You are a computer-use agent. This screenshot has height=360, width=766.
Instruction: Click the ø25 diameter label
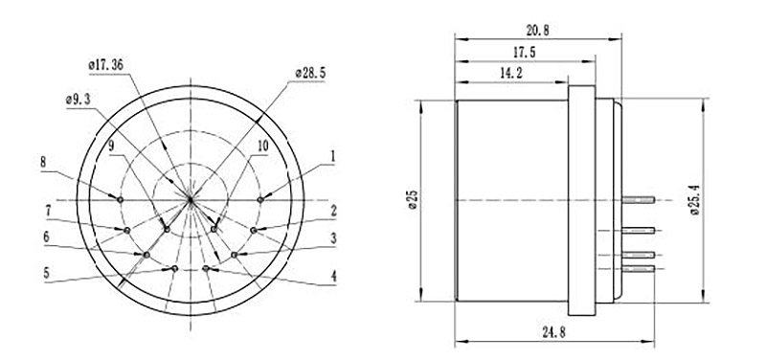(x=413, y=199)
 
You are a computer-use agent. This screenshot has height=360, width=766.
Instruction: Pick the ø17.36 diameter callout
(x=106, y=64)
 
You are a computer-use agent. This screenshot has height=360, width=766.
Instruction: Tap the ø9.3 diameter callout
(x=79, y=99)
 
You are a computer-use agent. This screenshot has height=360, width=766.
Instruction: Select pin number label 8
(x=43, y=162)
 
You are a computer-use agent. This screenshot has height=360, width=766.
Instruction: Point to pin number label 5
(x=45, y=272)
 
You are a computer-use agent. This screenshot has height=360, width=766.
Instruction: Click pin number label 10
(x=261, y=146)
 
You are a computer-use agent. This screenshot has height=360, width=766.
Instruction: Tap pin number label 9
(x=110, y=146)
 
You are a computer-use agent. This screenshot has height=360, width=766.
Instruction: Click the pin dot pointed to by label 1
(x=261, y=198)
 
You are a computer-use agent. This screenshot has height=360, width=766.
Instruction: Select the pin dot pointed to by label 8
(x=120, y=198)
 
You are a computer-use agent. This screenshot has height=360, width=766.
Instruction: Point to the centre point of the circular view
(x=191, y=199)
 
